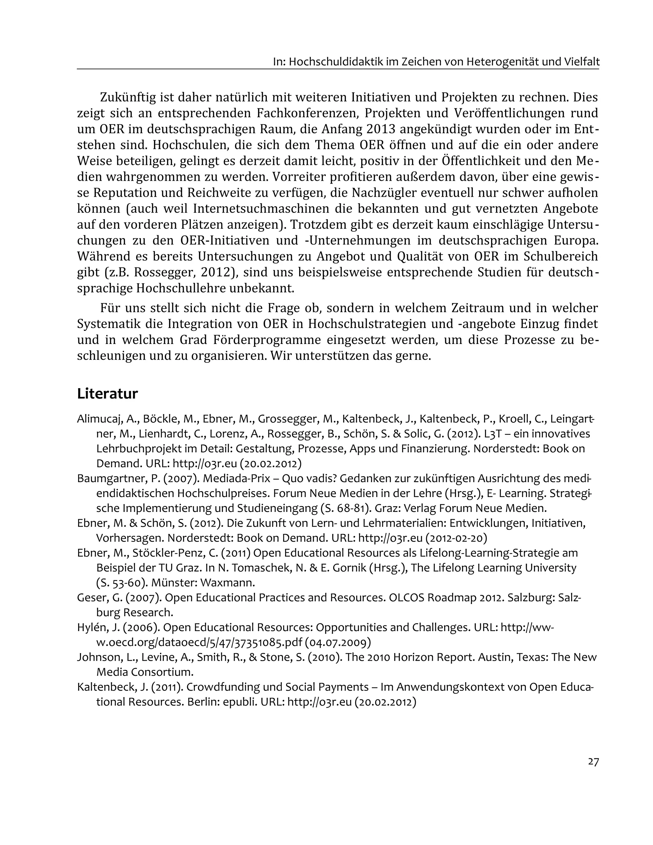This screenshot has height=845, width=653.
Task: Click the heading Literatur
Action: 107,394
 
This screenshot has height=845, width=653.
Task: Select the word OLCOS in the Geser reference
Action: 407,598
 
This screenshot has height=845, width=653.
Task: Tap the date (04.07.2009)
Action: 338,643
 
